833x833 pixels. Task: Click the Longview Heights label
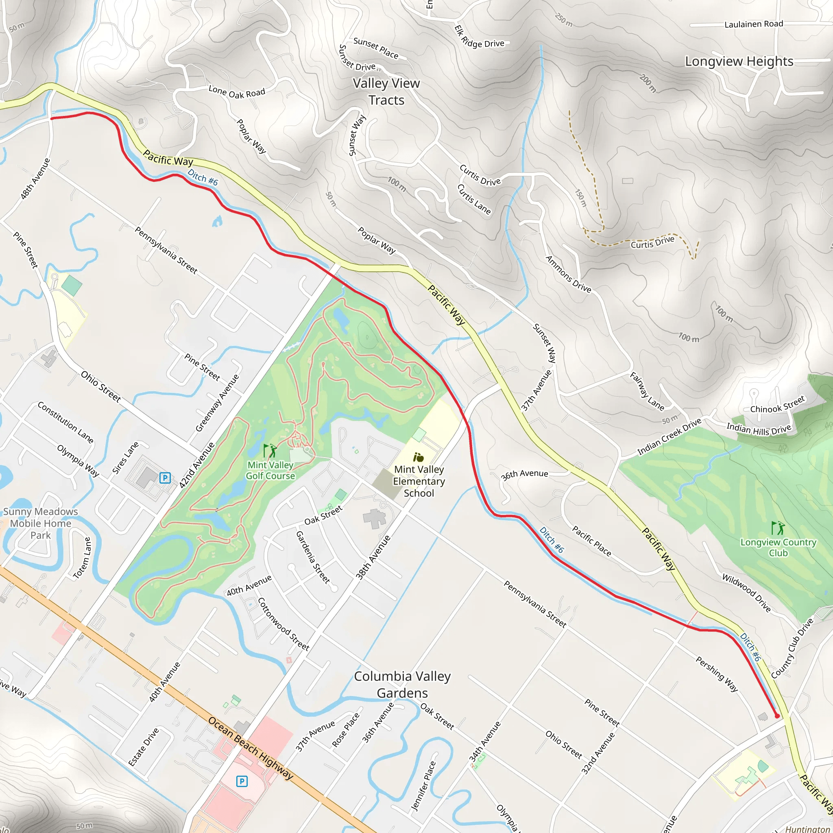pos(739,62)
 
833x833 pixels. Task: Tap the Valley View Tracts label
pos(386,92)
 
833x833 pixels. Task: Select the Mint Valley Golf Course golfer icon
pos(270,451)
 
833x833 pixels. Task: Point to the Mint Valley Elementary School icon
pos(418,457)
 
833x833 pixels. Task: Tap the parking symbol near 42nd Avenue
pos(165,478)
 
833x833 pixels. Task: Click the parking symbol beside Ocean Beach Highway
pos(242,781)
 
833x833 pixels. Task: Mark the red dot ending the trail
pos(777,716)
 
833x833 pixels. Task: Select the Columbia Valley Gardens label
pos(402,685)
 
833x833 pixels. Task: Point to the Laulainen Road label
pos(754,24)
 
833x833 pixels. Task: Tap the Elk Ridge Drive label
pos(479,38)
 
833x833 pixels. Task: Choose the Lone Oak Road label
pos(237,92)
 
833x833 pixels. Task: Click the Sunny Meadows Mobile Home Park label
pos(41,523)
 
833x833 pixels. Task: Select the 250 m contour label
pos(563,20)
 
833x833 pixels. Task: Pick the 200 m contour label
pos(648,83)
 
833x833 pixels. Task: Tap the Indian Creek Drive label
pos(669,437)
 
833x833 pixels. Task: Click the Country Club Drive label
pos(792,648)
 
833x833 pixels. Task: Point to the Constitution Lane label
pos(65,422)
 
